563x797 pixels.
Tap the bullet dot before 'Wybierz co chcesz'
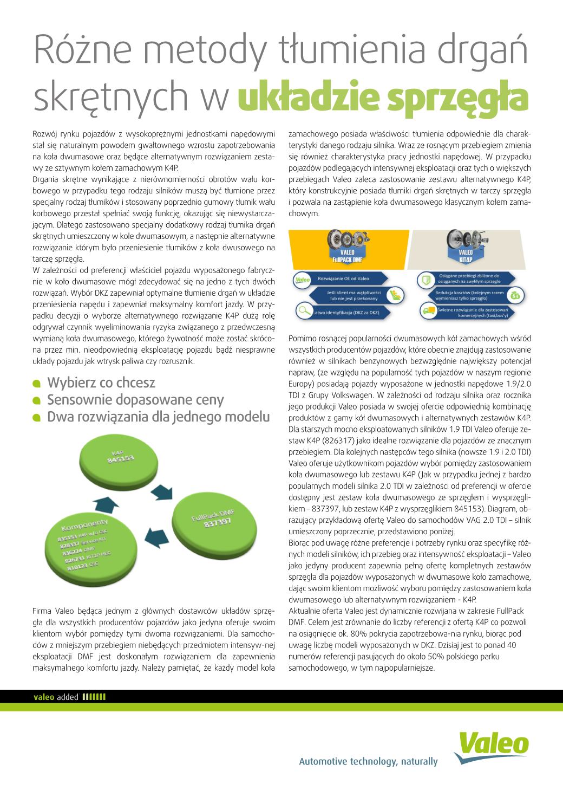point(37,384)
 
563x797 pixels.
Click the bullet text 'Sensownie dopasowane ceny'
point(135,400)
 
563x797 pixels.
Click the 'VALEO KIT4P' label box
point(466,256)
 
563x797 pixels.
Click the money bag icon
point(516,295)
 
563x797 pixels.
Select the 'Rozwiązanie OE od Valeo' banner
point(344,278)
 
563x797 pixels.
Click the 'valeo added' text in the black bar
point(56,697)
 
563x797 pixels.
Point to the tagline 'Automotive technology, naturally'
point(368,761)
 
